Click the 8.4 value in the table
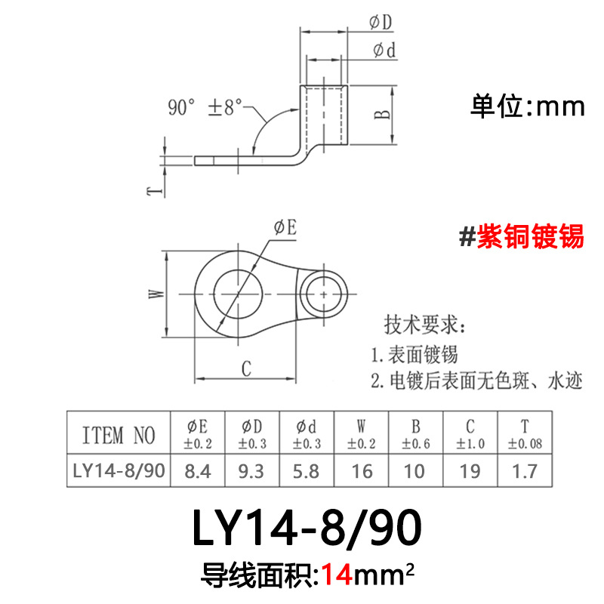click(x=198, y=470)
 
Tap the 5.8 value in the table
click(x=307, y=470)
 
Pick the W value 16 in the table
click(x=362, y=470)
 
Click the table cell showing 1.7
click(x=525, y=470)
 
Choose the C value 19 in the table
click(x=470, y=470)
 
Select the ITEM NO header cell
click(x=119, y=435)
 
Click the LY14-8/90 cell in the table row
click(x=119, y=470)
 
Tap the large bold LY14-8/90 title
click(x=302, y=529)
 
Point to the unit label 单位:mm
click(x=528, y=106)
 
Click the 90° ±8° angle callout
click(x=205, y=107)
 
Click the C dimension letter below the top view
click(x=246, y=368)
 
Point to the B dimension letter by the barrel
click(x=383, y=114)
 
